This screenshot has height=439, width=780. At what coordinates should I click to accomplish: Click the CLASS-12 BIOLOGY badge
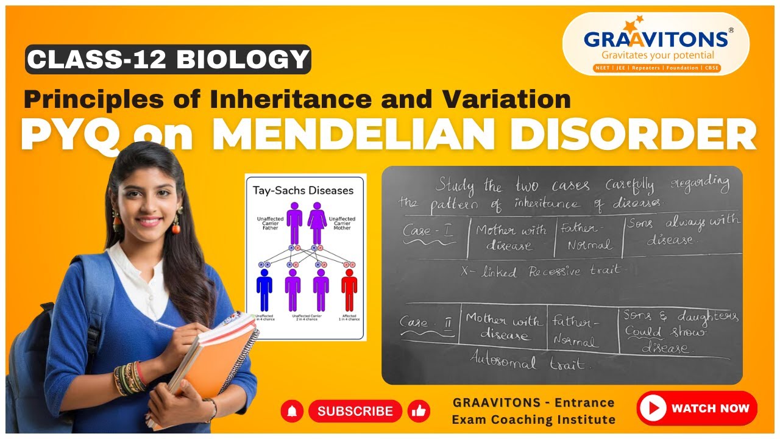168,59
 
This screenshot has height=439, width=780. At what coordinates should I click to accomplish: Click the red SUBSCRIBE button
355,411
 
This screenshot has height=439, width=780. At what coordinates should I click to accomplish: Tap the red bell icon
292,411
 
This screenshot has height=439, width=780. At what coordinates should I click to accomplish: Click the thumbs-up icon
418,411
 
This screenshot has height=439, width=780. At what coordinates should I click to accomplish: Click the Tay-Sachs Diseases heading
303,190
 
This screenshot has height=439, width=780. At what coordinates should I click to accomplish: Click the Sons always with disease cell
681,230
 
